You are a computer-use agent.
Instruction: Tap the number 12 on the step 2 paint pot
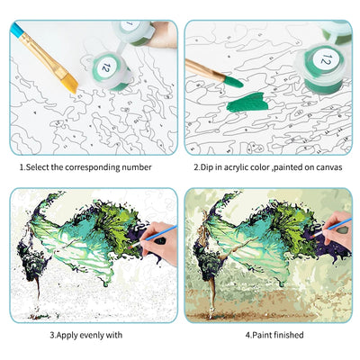click(x=326, y=62)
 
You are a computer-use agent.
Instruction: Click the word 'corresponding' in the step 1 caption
click(x=90, y=166)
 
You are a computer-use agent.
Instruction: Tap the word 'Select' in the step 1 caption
click(x=37, y=166)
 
